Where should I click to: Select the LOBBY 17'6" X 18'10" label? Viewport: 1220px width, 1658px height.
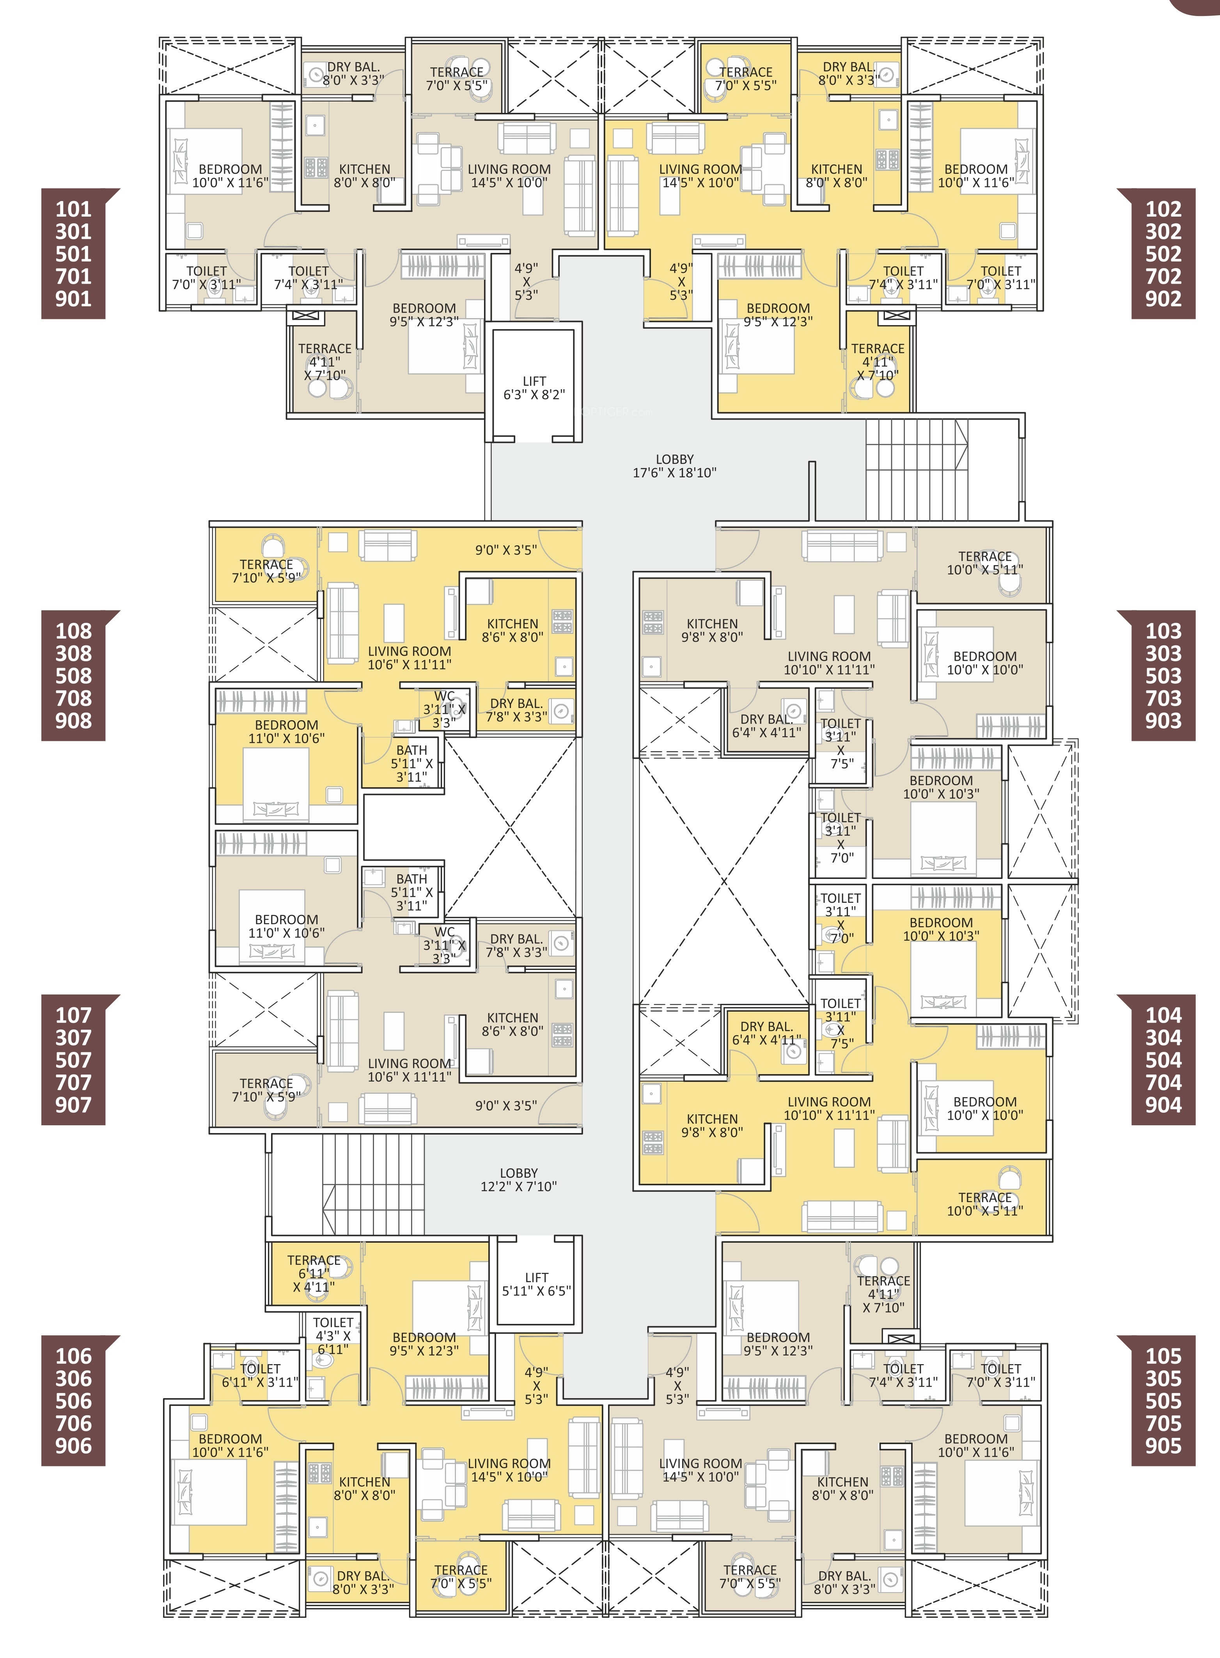(x=674, y=466)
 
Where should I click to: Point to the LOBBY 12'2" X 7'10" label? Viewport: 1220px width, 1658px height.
(x=518, y=1179)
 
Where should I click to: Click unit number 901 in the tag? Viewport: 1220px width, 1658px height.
(x=73, y=299)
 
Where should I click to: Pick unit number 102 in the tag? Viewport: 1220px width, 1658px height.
(x=1163, y=209)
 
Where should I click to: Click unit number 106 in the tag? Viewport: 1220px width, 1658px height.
(x=73, y=1356)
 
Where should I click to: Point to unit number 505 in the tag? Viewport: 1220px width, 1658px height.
(x=1163, y=1401)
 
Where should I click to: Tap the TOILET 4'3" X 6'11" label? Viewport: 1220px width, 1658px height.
(x=333, y=1335)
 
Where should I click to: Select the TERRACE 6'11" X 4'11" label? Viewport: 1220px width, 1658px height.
(x=314, y=1273)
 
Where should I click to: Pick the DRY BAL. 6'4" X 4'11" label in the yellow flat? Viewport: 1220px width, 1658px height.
(x=766, y=1033)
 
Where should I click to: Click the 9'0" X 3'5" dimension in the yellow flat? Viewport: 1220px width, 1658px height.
(x=506, y=550)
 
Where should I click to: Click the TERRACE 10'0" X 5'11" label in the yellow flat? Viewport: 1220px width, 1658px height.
(x=985, y=1204)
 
